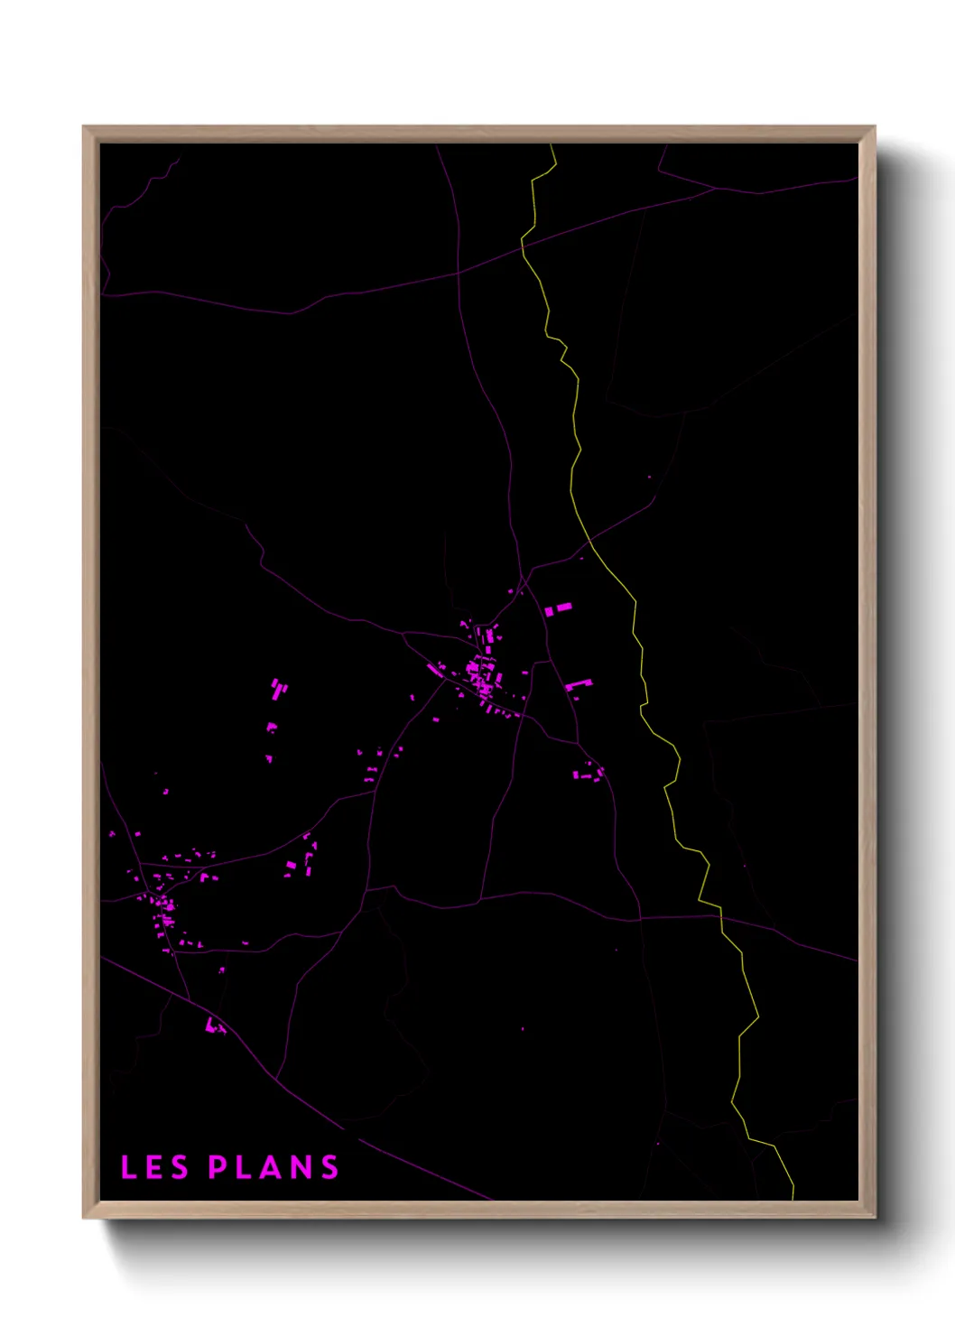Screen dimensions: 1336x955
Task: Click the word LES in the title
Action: [154, 1167]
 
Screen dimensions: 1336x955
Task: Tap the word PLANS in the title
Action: [274, 1167]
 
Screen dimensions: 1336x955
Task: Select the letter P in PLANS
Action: [218, 1167]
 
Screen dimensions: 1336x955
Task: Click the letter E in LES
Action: [154, 1167]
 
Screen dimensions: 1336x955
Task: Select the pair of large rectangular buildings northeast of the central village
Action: [558, 609]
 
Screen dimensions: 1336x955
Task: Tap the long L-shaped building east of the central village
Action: [578, 685]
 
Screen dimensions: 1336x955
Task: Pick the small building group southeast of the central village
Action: [589, 772]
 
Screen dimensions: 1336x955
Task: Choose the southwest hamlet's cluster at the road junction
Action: [162, 902]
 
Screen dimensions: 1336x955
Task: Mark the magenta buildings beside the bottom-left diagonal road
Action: [215, 1025]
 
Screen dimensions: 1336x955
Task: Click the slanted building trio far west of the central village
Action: [278, 690]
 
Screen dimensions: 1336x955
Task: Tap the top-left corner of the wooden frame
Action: [85, 128]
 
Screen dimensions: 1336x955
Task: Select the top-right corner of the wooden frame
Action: [874, 128]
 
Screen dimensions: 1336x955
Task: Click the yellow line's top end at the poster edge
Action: [552, 145]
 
